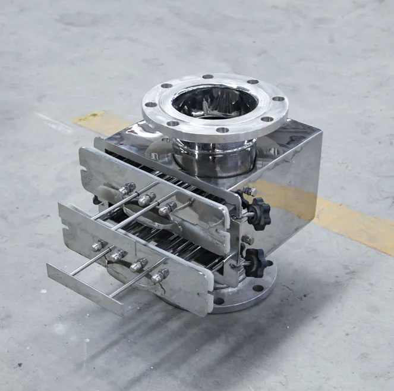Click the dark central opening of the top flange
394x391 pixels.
[215, 103]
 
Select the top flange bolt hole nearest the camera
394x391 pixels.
[222, 130]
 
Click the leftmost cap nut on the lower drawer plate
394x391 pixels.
[97, 245]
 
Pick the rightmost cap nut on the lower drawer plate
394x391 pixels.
[160, 276]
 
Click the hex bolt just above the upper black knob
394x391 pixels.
[250, 192]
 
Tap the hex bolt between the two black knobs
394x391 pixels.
[247, 239]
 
